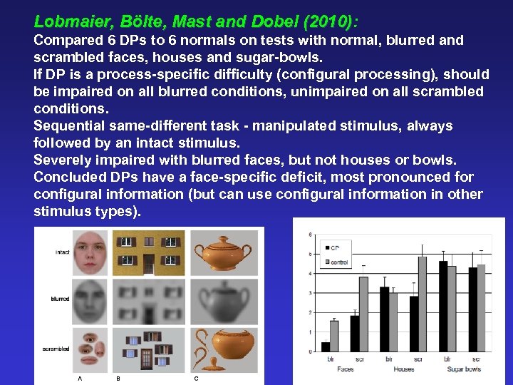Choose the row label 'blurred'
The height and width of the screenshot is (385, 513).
(60, 299)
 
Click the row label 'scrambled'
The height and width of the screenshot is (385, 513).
(56, 349)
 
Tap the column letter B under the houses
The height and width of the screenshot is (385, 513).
(118, 379)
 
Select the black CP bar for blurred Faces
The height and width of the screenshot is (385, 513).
(326, 346)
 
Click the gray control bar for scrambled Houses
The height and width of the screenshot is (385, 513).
(423, 304)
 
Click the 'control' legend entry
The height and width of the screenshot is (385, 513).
(338, 262)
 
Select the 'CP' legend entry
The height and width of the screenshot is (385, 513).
(334, 248)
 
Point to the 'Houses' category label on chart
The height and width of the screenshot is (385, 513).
(403, 369)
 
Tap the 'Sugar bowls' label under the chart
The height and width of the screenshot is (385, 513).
(464, 369)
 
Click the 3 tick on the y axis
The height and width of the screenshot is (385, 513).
(309, 293)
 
